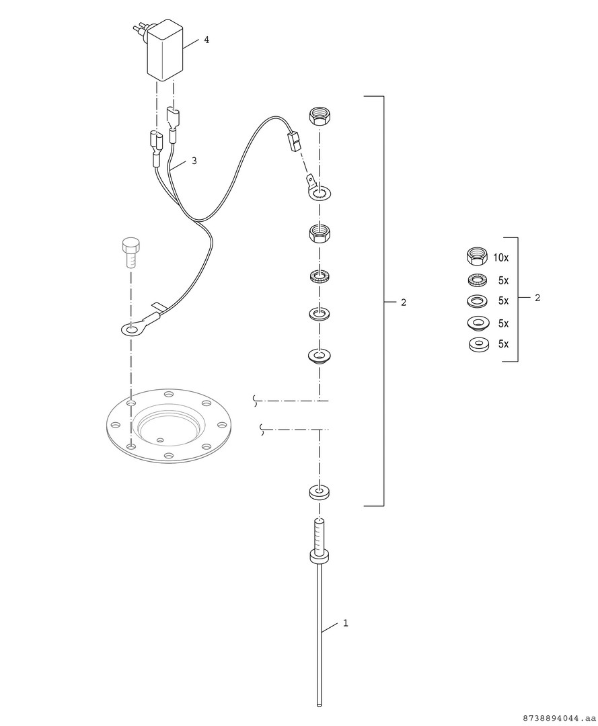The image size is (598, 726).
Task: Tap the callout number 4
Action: pyautogui.click(x=207, y=40)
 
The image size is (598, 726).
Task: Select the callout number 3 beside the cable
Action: pyautogui.click(x=194, y=161)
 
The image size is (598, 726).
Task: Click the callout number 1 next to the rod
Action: pyautogui.click(x=346, y=623)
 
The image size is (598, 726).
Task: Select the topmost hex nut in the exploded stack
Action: pyautogui.click(x=319, y=116)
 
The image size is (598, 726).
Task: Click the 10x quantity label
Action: pyautogui.click(x=500, y=258)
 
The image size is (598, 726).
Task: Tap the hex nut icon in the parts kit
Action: pyautogui.click(x=477, y=257)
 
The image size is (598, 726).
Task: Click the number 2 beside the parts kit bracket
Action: pyautogui.click(x=537, y=298)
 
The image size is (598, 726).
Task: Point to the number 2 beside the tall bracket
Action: pyautogui.click(x=404, y=302)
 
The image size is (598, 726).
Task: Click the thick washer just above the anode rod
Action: pyautogui.click(x=319, y=492)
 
